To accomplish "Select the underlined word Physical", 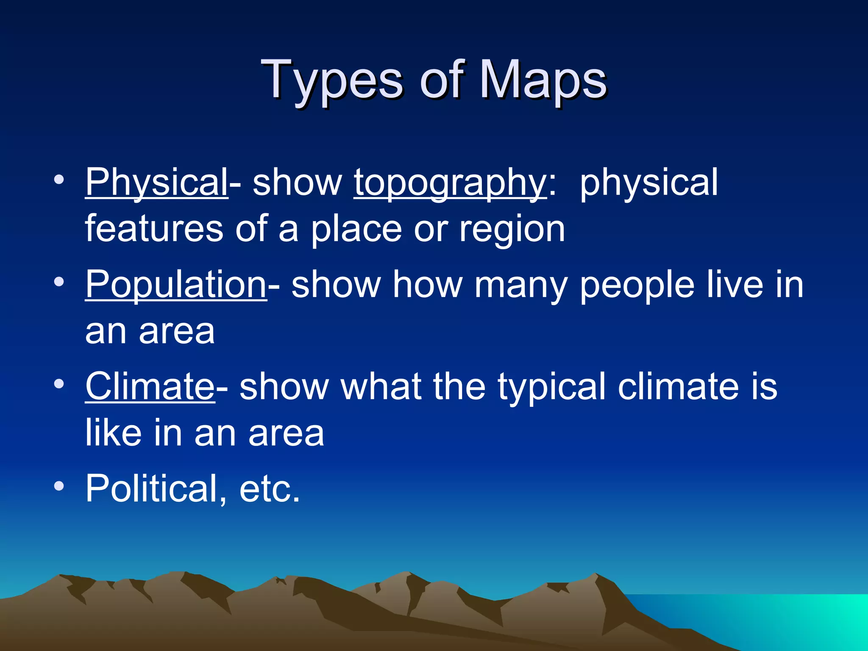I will (x=156, y=182).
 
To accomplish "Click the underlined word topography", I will (x=450, y=183).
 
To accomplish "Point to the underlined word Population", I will (x=176, y=285).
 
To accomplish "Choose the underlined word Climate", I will (x=150, y=387).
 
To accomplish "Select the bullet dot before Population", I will (x=59, y=281).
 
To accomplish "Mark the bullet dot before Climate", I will (x=59, y=384).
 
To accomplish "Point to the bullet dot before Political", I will (x=59, y=486).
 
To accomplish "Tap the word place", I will (x=356, y=230).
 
